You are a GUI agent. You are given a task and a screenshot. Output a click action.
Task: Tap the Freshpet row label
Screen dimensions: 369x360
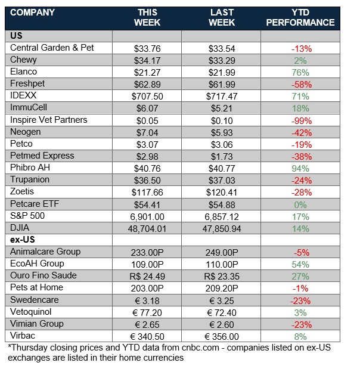(27, 83)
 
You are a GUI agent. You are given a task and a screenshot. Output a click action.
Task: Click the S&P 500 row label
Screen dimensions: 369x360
(27, 216)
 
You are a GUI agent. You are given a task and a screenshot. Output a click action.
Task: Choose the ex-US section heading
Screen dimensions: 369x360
(23, 240)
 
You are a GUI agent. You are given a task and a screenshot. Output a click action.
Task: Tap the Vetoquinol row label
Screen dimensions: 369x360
(31, 311)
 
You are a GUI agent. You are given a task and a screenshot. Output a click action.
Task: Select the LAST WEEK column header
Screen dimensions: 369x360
(222, 17)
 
